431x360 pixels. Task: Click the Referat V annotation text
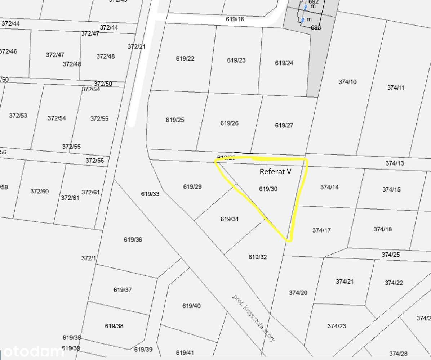pos(275,172)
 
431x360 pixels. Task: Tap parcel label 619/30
pos(268,189)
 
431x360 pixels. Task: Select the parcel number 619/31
pos(229,219)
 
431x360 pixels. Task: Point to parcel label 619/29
pos(192,186)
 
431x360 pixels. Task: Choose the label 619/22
pos(185,59)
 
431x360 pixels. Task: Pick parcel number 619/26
pos(229,123)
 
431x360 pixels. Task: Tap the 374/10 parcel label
pos(347,82)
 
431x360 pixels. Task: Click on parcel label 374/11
pos(396,87)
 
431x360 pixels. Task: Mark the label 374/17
pos(321,230)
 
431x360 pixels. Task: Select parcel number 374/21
pos(345,282)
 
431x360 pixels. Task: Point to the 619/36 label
pos(133,239)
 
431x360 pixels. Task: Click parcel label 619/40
pos(191,306)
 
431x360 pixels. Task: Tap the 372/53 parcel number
pos(18,116)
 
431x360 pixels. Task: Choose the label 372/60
pos(39,191)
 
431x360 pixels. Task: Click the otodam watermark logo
pos(30,351)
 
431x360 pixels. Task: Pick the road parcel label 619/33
pos(150,194)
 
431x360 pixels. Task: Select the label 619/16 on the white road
pos(235,19)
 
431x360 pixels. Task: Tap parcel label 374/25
pos(391,255)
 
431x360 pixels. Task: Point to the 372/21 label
pos(137,46)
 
